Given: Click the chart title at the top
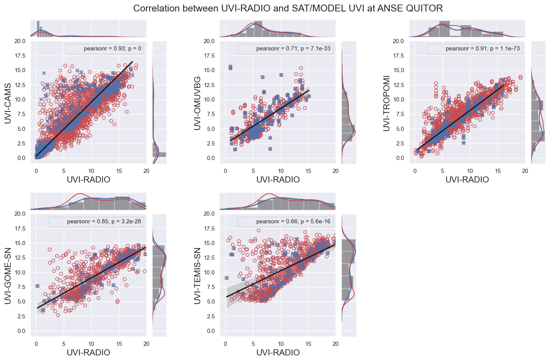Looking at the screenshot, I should pyautogui.click(x=288, y=8).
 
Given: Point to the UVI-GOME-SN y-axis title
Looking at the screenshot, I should pyautogui.click(x=8, y=276).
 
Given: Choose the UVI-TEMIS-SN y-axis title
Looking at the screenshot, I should pyautogui.click(x=197, y=276).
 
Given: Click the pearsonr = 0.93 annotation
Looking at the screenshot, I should pyautogui.click(x=113, y=48).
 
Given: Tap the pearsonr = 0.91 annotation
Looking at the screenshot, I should pyautogui.click(x=482, y=48).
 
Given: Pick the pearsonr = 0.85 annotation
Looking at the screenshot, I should pyautogui.click(x=104, y=221).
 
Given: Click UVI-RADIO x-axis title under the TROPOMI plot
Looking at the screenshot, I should pyautogui.click(x=467, y=179).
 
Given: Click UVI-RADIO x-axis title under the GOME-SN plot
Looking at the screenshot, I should pyautogui.click(x=88, y=352).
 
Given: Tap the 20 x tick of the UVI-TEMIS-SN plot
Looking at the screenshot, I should pyautogui.click(x=336, y=344).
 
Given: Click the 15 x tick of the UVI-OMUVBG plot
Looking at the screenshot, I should pyautogui.click(x=308, y=171).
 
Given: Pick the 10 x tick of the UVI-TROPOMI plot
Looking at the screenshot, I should pyautogui.click(x=470, y=171).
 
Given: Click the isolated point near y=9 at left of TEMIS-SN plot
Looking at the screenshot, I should pyautogui.click(x=227, y=278).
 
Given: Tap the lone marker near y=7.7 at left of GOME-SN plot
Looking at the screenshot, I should pyautogui.click(x=37, y=286).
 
